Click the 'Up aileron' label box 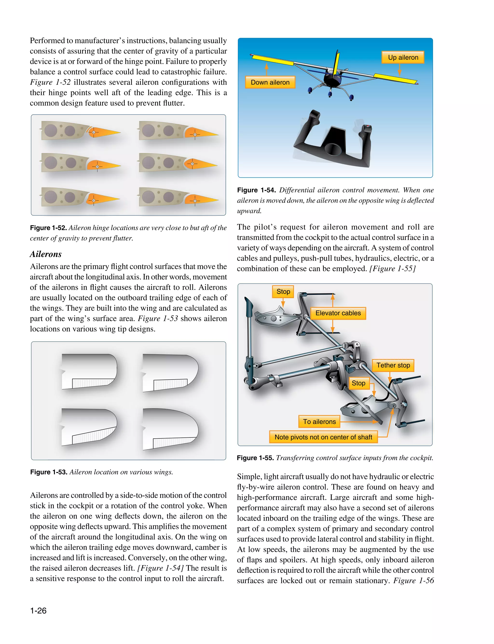[403, 57]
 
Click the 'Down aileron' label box [270, 82]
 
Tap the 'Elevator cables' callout [338, 313]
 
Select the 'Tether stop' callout [393, 365]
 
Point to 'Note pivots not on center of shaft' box [323, 437]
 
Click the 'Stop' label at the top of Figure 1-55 [283, 291]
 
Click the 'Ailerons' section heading [46, 254]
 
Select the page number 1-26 [38, 610]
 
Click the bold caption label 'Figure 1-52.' [48, 228]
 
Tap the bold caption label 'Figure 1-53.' [49, 472]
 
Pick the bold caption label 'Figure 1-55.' [255, 458]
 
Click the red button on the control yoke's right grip [368, 127]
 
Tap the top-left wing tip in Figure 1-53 [88, 371]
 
